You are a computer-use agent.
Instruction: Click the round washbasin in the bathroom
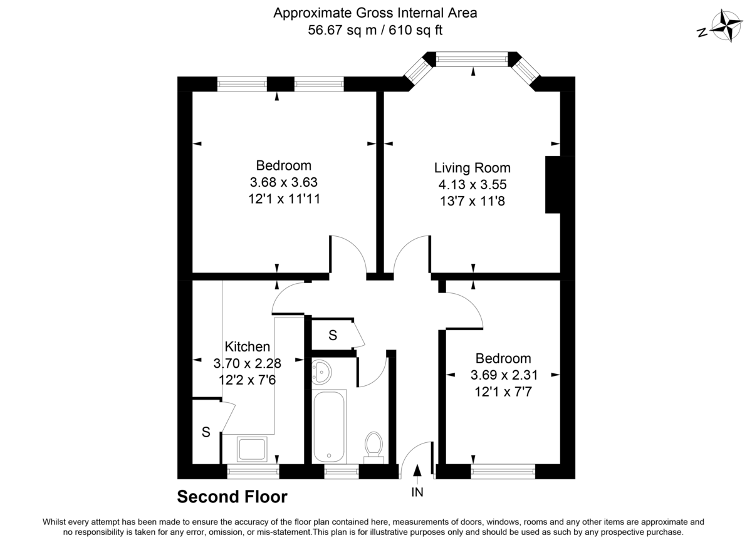pyautogui.click(x=322, y=371)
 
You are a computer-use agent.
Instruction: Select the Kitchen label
pyautogui.click(x=248, y=346)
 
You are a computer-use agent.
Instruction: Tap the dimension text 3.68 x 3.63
pyautogui.click(x=284, y=183)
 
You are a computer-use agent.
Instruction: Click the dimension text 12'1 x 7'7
pyautogui.click(x=503, y=392)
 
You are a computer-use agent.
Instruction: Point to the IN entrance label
pyautogui.click(x=417, y=492)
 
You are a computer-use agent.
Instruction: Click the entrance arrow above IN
pyautogui.click(x=418, y=472)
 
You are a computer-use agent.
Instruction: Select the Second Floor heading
pyautogui.click(x=232, y=497)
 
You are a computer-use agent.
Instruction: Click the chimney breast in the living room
pyautogui.click(x=552, y=185)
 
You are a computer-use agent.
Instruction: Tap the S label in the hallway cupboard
pyautogui.click(x=333, y=336)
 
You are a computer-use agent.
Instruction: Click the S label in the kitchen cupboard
pyautogui.click(x=205, y=431)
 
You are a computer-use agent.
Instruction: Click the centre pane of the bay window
pyautogui.click(x=472, y=59)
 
